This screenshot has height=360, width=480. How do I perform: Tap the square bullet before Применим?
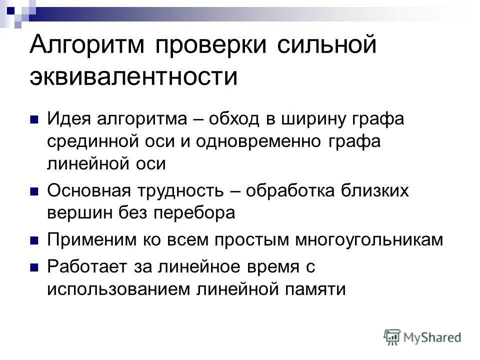point(34,240)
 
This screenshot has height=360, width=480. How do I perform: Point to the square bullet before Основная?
point(34,191)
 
